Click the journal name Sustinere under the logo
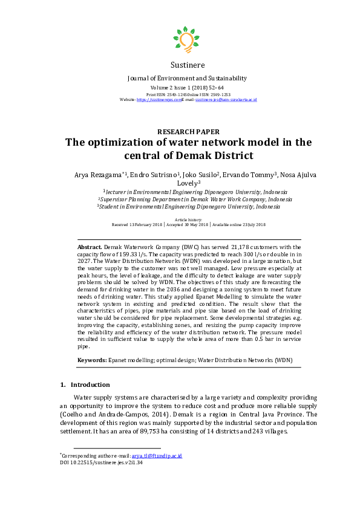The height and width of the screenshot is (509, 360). coord(188,65)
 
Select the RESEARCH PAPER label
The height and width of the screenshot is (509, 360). coord(188,132)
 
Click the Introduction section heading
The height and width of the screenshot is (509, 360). coord(90,384)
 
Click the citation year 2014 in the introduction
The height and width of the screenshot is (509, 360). coord(144,415)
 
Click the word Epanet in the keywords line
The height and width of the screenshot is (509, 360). coord(120,360)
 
